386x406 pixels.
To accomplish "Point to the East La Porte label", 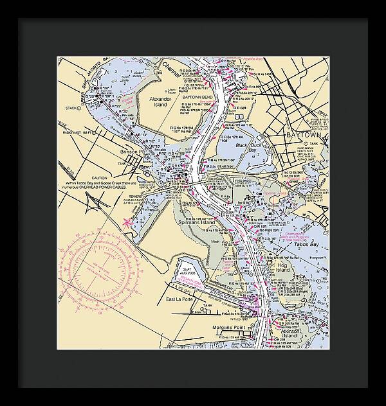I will pyautogui.click(x=179, y=300).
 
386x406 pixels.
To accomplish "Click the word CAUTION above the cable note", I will pyautogui.click(x=99, y=178).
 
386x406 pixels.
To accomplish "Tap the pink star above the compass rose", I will pyautogui.click(x=126, y=222).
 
